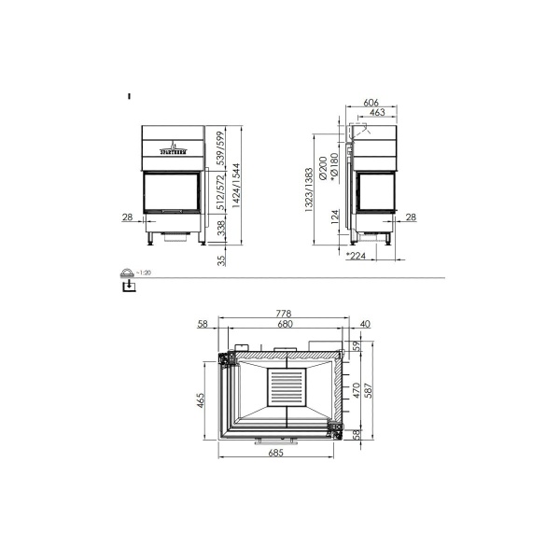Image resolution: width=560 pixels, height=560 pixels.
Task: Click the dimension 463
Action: coord(377,112)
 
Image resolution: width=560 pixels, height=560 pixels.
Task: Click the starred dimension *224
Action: coord(355,256)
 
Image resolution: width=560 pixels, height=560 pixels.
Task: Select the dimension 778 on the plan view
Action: coord(285,313)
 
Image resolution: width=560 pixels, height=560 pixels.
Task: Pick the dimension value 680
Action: coord(285,324)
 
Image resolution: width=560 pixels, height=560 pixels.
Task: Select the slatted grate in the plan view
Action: coord(287,386)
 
